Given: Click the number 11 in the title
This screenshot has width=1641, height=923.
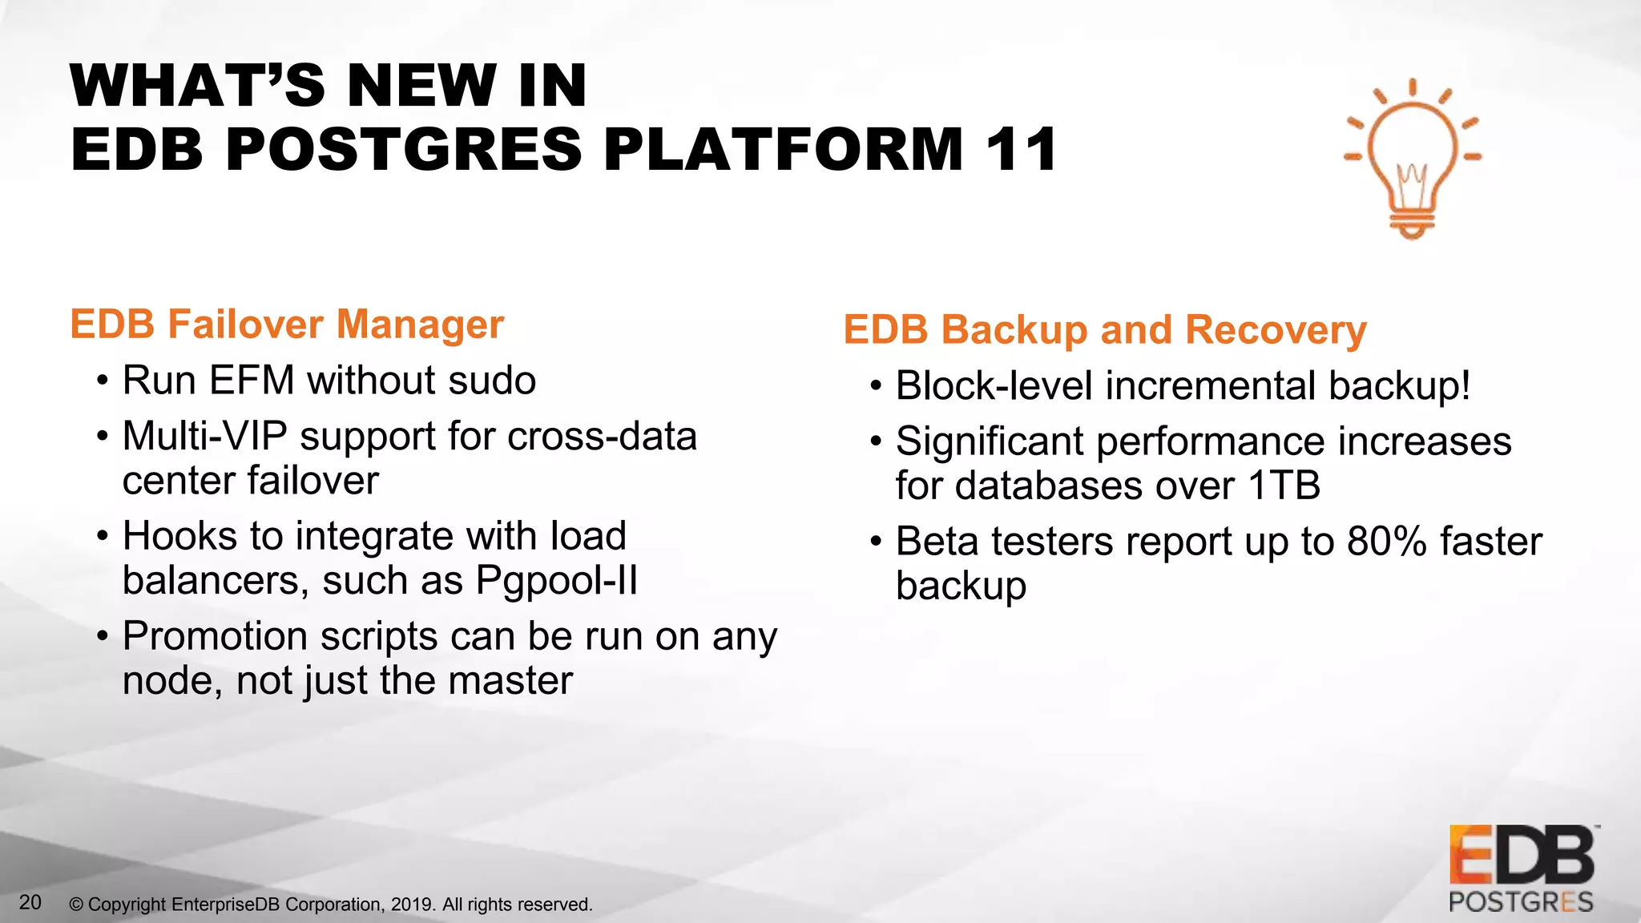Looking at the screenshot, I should click(x=1021, y=150).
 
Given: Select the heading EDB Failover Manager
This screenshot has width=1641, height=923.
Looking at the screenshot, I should click(x=287, y=324).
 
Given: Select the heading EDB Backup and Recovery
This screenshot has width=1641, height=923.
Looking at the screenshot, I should click(x=1104, y=330).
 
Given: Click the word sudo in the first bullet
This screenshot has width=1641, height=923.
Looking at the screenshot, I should click(x=492, y=381).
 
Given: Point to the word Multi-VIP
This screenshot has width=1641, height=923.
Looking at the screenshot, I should click(x=204, y=437).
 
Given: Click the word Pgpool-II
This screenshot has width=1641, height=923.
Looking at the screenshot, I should click(x=557, y=580).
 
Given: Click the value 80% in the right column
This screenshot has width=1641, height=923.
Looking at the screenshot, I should click(x=1386, y=542).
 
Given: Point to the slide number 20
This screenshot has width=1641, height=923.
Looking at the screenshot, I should click(x=30, y=902).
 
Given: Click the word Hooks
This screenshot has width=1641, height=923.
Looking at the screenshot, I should click(x=179, y=536).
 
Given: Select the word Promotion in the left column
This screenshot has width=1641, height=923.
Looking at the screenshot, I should click(x=215, y=636).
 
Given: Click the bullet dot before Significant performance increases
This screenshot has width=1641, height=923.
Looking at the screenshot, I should click(x=876, y=442).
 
